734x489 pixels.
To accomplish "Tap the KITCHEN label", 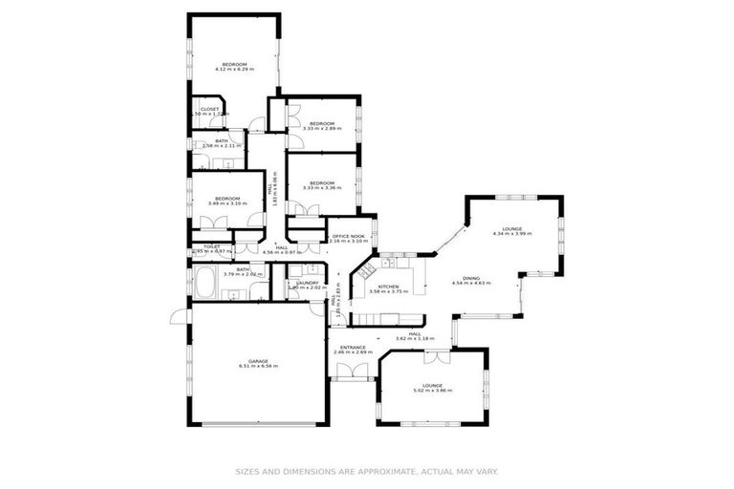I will click(x=388, y=287).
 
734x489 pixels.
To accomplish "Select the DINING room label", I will click(x=471, y=278).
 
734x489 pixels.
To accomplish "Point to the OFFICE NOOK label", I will click(x=347, y=236).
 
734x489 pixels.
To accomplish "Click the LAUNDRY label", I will click(x=307, y=282).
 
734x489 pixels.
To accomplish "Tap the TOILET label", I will click(x=212, y=246).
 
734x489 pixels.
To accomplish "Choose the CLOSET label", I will click(x=209, y=109).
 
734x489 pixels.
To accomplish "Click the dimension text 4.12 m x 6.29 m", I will click(x=234, y=70).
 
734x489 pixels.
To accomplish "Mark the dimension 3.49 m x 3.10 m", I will click(x=227, y=203).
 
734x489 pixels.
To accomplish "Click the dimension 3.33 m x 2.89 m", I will click(x=321, y=128).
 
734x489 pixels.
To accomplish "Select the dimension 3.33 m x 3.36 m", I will click(x=322, y=188).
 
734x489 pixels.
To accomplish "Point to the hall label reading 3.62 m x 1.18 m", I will click(x=415, y=339).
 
